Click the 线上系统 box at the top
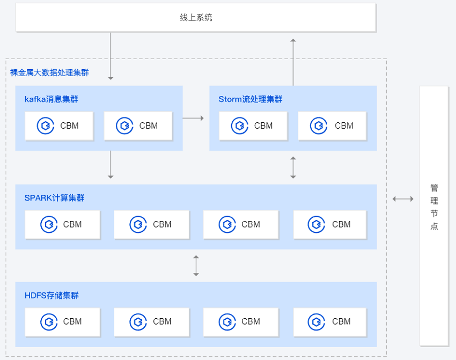[x=196, y=18]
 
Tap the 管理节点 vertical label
[x=434, y=207]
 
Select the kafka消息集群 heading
[x=51, y=99]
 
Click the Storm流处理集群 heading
[x=251, y=99]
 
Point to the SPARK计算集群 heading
[x=54, y=198]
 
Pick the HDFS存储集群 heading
[x=52, y=296]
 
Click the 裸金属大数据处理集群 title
[x=49, y=72]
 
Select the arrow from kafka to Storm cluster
[x=193, y=118]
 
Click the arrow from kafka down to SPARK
[x=111, y=165]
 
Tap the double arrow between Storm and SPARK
[x=293, y=167]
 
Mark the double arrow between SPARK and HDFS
[x=196, y=266]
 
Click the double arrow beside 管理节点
[x=403, y=199]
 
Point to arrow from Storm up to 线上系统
[x=293, y=62]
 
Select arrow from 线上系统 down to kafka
[x=111, y=56]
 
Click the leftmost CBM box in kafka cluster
[x=60, y=126]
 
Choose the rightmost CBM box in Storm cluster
[x=333, y=126]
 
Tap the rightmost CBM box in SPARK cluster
[x=330, y=224]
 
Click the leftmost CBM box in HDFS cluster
[x=63, y=322]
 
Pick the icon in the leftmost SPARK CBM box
[x=49, y=224]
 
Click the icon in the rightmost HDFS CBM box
[x=316, y=322]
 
